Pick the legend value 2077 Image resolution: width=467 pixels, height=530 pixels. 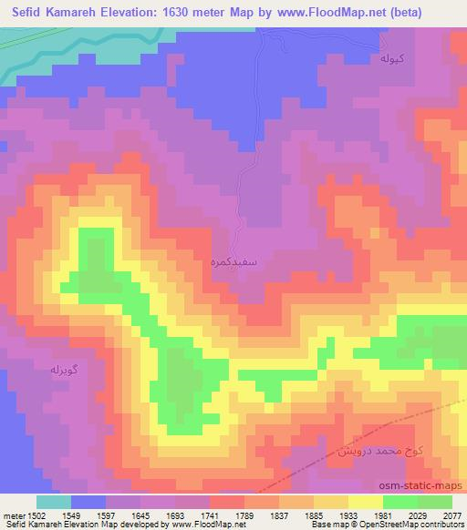tap(452, 515)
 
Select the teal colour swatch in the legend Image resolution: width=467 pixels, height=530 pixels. tap(54, 502)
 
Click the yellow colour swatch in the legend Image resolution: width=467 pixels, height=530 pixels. tap(366, 502)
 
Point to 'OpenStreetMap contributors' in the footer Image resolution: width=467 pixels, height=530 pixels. tap(417, 525)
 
